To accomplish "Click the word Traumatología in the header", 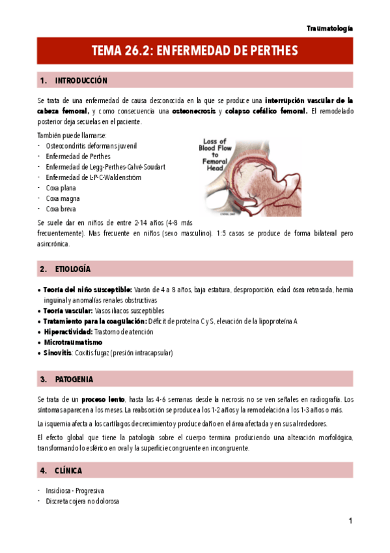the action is pos(329,29).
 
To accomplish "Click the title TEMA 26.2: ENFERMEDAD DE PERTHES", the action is pos(195,50).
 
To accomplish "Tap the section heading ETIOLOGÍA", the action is pos(73,269).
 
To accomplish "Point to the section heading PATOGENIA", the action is pos(74,379).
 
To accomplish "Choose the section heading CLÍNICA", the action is pos(69,470).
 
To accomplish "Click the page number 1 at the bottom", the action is pos(350,520).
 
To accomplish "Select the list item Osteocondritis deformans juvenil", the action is pos(91,146).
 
